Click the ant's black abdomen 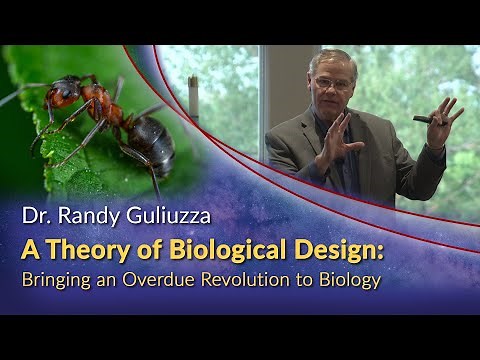[x=150, y=140]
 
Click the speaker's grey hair [x=330, y=56]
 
